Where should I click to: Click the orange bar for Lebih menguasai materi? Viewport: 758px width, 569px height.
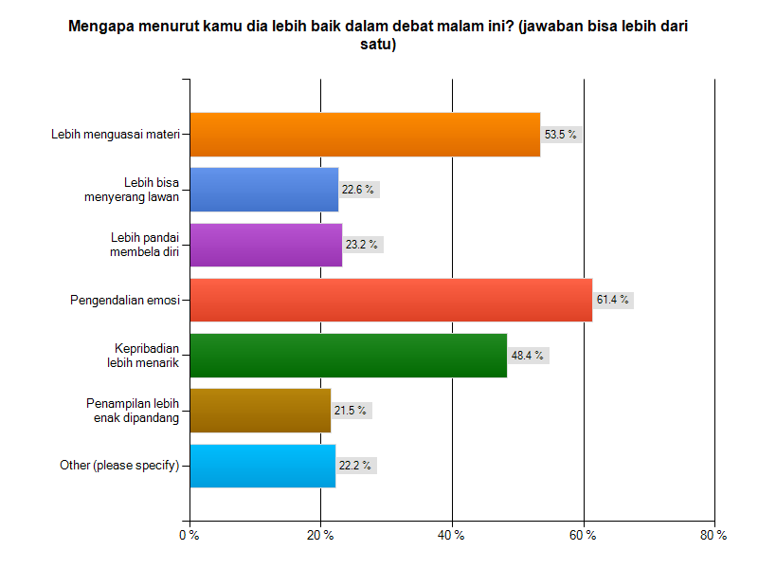click(x=365, y=134)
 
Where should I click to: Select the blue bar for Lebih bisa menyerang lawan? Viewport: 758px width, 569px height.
click(x=264, y=189)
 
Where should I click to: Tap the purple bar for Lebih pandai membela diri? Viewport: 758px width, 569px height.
click(x=266, y=245)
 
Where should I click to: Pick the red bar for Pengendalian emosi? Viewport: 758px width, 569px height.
click(x=390, y=300)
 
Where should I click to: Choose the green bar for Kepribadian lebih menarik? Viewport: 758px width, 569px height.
click(x=348, y=356)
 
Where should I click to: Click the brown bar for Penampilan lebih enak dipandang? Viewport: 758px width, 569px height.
click(x=261, y=411)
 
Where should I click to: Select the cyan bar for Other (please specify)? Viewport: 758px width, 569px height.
click(x=262, y=466)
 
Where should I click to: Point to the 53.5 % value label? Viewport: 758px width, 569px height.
click(x=559, y=135)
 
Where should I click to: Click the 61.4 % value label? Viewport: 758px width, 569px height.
click(x=611, y=300)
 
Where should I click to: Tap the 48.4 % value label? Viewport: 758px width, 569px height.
click(x=526, y=356)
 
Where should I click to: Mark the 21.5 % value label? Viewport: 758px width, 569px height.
click(x=350, y=411)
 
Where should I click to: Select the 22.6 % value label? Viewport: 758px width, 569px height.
click(x=357, y=190)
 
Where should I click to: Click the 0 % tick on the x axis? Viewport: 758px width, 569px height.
click(x=189, y=536)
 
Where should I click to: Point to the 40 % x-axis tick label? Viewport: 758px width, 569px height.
click(x=452, y=536)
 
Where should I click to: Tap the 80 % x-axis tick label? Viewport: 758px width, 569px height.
click(x=713, y=536)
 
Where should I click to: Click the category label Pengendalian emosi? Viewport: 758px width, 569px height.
click(x=125, y=301)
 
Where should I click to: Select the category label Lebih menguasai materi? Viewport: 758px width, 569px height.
click(x=115, y=135)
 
